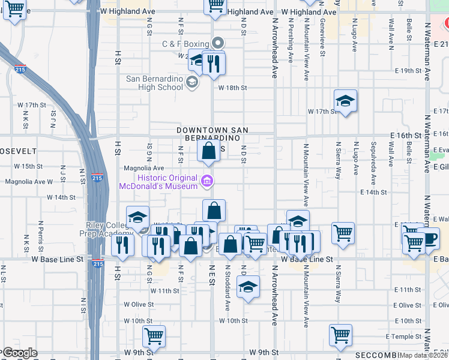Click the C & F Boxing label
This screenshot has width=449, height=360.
[185, 44]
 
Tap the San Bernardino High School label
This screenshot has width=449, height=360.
[154, 83]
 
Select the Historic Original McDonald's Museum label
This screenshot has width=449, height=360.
[167, 182]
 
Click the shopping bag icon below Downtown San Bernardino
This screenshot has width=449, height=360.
[208, 151]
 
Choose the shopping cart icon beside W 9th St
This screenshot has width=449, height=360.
[154, 336]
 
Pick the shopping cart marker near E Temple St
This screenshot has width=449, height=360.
[340, 335]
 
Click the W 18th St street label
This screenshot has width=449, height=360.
[232, 88]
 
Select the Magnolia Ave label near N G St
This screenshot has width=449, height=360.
[144, 169]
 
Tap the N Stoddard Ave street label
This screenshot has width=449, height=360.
[228, 280]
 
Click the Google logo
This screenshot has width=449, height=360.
[20, 353]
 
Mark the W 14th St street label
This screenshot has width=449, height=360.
[68, 197]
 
